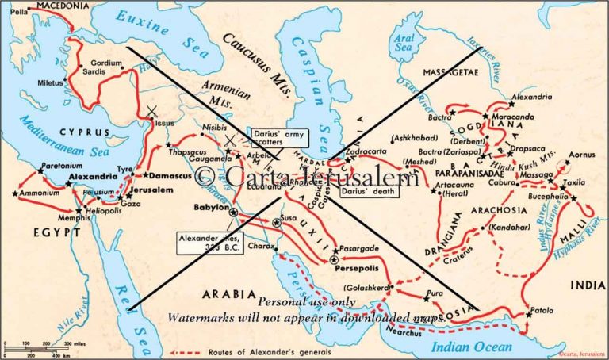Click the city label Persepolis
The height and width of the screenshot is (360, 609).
click(358, 267)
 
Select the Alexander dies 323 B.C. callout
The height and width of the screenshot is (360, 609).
click(209, 243)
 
